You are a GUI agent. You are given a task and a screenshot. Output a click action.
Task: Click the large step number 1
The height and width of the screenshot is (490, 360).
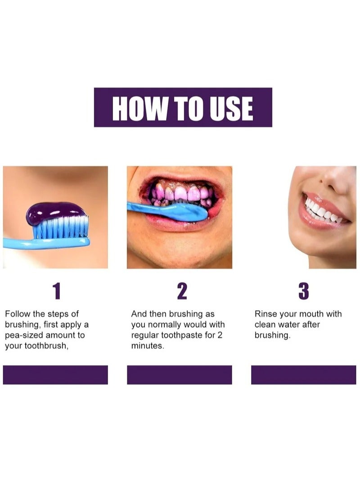click(x=56, y=292)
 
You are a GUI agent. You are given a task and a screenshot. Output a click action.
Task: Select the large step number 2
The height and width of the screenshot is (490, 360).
click(x=181, y=292)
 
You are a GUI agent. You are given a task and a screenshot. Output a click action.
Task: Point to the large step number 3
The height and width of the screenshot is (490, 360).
click(x=304, y=292)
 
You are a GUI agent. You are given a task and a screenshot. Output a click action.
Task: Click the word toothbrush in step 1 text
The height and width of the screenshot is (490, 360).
click(x=45, y=346)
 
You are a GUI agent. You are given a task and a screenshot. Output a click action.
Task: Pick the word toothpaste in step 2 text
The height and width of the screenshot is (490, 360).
click(x=187, y=335)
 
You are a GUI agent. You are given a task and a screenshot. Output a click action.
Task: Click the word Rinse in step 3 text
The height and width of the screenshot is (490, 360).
click(x=265, y=314)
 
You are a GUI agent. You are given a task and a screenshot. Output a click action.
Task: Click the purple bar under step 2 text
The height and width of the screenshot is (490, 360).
click(x=180, y=375)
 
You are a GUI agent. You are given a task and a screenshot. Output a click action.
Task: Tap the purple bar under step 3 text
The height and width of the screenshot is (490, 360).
click(x=303, y=375)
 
